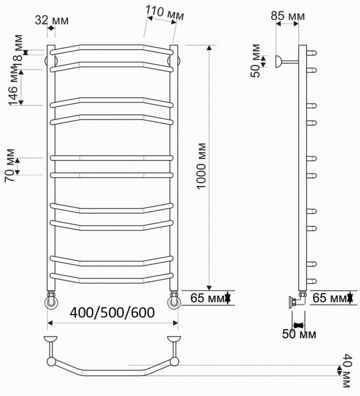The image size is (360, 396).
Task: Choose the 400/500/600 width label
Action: coord(113,313)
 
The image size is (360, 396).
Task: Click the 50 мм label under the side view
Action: coord(299,334)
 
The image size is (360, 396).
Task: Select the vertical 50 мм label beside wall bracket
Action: coord(256,61)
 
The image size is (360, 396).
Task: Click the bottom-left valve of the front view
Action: coord(52,300)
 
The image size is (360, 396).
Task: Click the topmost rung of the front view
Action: coord(112,47)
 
